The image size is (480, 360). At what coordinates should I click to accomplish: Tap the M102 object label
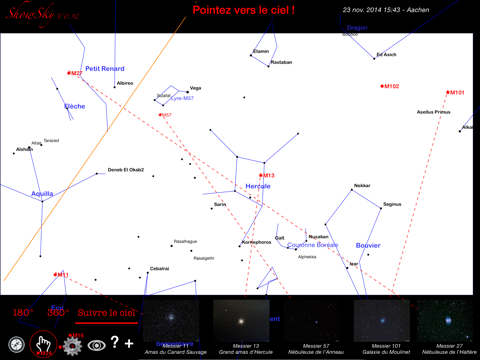[390, 86]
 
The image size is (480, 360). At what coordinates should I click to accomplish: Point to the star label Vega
[195, 88]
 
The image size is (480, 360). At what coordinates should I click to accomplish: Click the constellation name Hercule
[258, 186]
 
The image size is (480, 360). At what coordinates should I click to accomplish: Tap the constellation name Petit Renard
[104, 69]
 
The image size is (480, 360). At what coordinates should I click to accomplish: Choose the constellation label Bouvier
[368, 245]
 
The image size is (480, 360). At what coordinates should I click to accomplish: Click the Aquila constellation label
[42, 193]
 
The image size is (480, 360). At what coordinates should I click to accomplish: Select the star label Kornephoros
[257, 242]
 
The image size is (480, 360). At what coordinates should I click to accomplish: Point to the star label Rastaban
[281, 62]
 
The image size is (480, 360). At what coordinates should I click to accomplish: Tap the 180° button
[23, 313]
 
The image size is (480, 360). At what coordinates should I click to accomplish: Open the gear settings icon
[71, 345]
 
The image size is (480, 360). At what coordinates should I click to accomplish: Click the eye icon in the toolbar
[97, 345]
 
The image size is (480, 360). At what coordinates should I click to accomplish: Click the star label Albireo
[125, 83]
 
